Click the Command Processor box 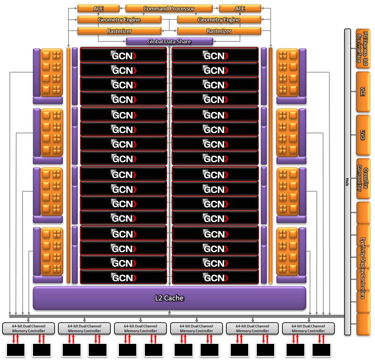point(169,9)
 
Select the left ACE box point(98,9)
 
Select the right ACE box point(240,9)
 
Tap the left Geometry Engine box point(119,20)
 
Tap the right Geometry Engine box point(219,20)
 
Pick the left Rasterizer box point(119,31)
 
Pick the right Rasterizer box point(219,31)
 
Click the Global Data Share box point(169,41)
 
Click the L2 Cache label point(169,298)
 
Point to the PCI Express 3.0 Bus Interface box point(363,48)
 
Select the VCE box point(363,92)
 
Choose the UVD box point(363,135)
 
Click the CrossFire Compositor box point(363,179)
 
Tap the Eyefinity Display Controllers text point(363,268)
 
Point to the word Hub point(347,182)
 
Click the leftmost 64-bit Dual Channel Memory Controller point(29,328)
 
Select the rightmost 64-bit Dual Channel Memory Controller point(308,328)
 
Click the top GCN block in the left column point(123,54)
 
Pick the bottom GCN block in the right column point(215,277)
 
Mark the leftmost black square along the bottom point(16,350)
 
